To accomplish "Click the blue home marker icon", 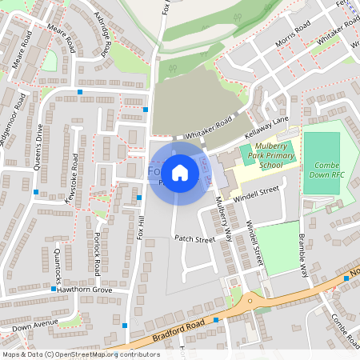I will tap(180, 173).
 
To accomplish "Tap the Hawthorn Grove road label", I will tap(84, 290).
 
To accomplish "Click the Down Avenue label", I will tap(36, 326).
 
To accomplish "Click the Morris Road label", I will tap(292, 35).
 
